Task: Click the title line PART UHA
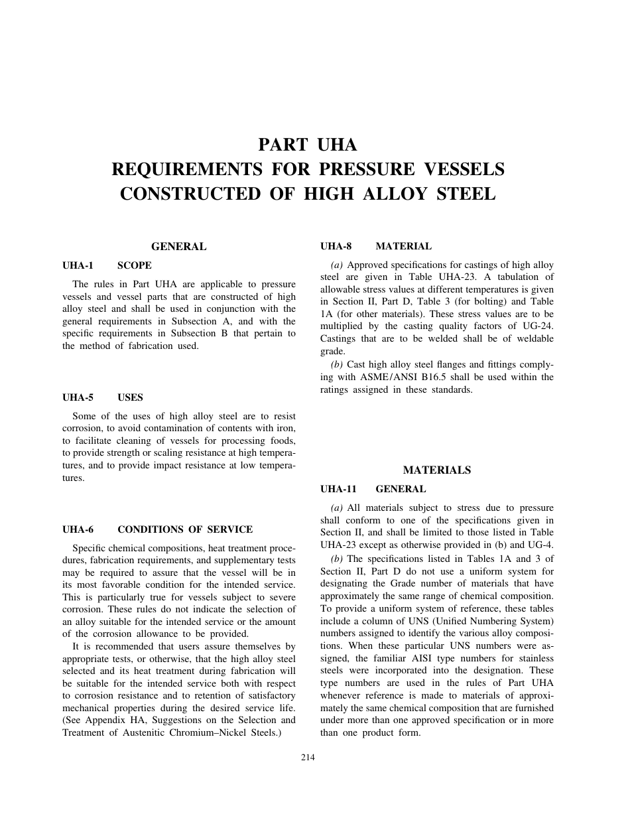[x=308, y=145]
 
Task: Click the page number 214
[x=308, y=758]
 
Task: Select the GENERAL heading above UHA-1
[x=178, y=247]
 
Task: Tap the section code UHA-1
[x=78, y=265]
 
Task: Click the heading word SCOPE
[x=135, y=265]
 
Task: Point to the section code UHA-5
[x=78, y=397]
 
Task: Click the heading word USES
[x=130, y=397]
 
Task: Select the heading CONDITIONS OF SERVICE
[x=185, y=529]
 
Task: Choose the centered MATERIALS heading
[x=437, y=470]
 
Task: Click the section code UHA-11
[x=338, y=489]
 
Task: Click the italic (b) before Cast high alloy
[x=336, y=365]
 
